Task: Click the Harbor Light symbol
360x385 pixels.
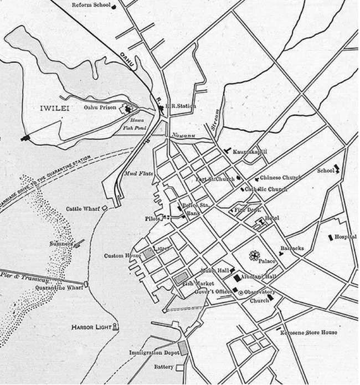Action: tap(115, 327)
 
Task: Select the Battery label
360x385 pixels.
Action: tap(163, 367)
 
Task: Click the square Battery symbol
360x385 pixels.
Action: tap(179, 367)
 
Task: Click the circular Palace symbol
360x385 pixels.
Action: tap(255, 256)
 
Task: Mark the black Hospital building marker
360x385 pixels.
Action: tap(331, 237)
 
